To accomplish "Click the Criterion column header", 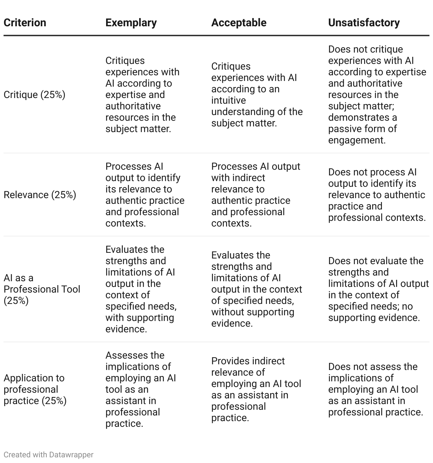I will pos(25,23).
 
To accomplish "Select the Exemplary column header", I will pos(131,23).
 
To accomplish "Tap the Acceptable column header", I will pos(239,23).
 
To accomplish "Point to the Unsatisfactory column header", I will pos(364,23).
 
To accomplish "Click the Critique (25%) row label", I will pos(34,95).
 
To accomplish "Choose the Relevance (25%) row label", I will pos(40,195).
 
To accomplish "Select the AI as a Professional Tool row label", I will pos(42,289).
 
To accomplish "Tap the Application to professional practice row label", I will pos(35,389).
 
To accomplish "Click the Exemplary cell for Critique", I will pos(142,95).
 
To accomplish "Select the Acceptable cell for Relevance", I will pos(256,195).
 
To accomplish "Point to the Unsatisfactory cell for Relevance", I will pos(377,195).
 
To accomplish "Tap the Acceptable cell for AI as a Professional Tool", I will pos(256,289).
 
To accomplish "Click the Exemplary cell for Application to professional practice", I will pos(141,389).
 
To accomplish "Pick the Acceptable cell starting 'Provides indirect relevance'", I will pos(256,389).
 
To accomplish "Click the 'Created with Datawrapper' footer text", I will pos(49,455).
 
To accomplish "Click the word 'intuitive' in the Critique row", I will pos(229,100).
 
